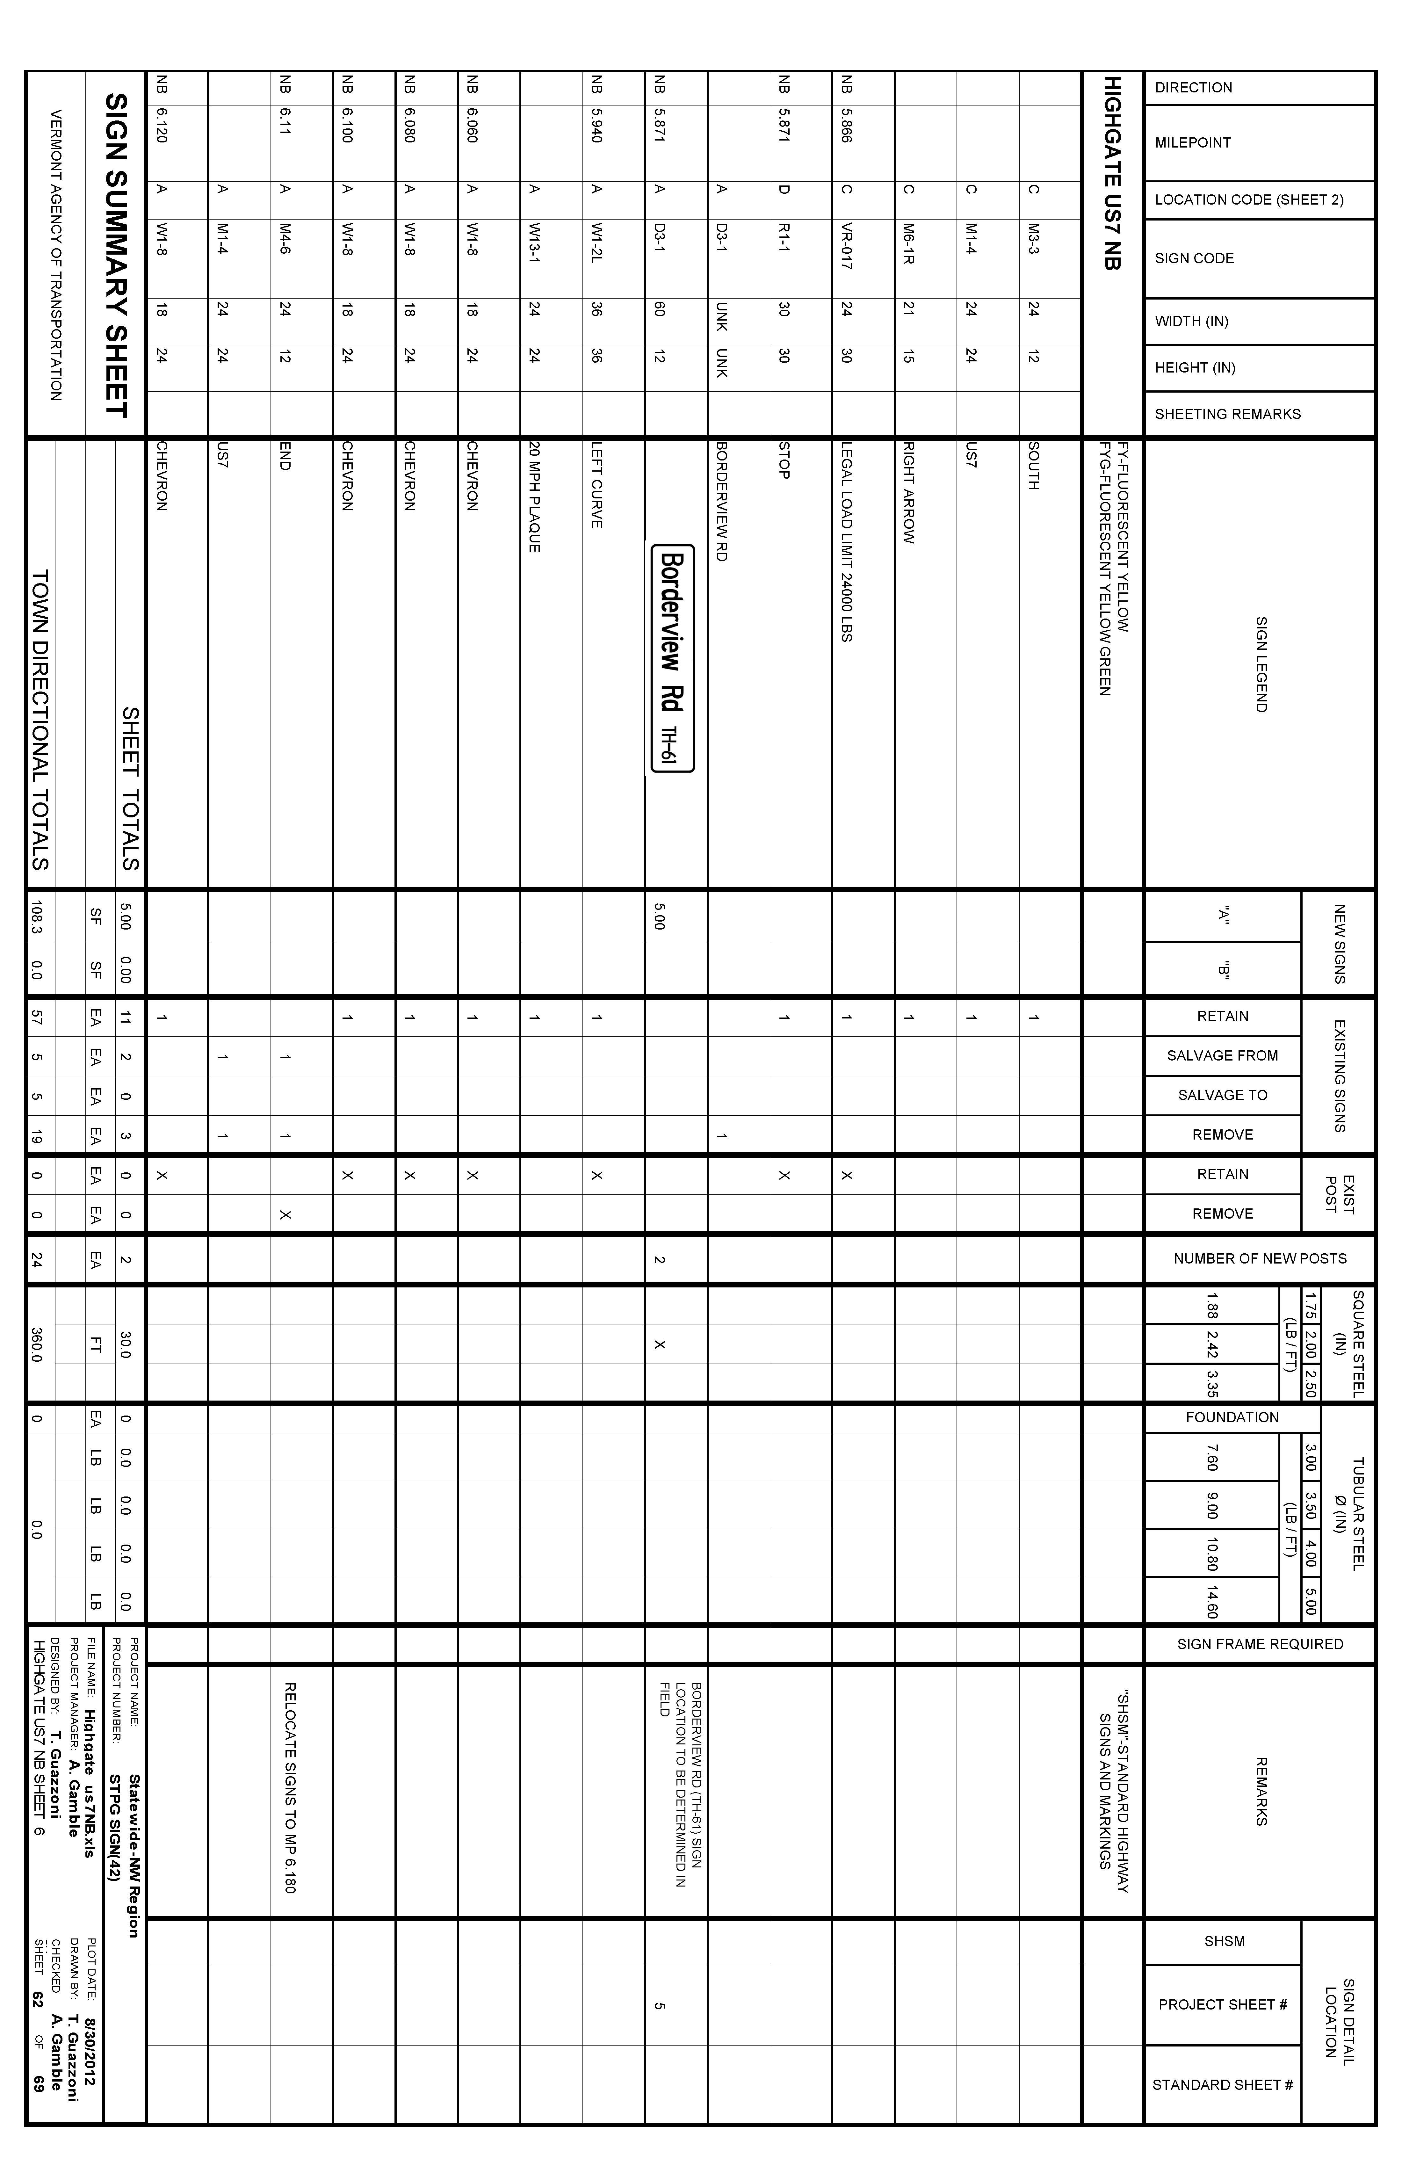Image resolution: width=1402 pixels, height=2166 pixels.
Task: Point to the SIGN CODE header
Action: point(1194,258)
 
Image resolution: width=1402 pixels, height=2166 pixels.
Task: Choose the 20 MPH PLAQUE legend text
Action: point(534,497)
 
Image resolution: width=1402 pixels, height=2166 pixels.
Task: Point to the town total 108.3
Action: point(36,920)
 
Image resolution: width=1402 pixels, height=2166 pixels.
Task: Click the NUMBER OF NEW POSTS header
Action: point(1259,1259)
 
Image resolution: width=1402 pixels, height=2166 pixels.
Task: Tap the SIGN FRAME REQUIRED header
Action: point(1259,1644)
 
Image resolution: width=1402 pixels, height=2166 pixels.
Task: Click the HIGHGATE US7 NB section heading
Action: point(1112,173)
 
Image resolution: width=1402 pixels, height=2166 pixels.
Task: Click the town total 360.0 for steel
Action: point(36,1344)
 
